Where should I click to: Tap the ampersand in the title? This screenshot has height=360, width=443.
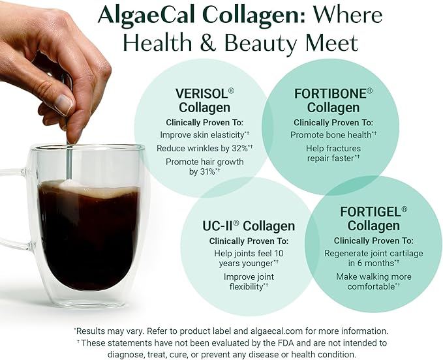pyautogui.click(x=207, y=42)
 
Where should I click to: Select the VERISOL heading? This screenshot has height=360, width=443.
pyautogui.click(x=202, y=93)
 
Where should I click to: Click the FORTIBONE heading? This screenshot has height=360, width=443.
pyautogui.click(x=331, y=93)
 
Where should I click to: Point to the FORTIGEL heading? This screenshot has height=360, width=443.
pyautogui.click(x=371, y=212)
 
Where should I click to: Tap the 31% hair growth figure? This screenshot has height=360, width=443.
pyautogui.click(x=207, y=172)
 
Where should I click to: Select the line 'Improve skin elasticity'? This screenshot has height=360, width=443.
pyautogui.click(x=202, y=135)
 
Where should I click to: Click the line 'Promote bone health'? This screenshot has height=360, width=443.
pyautogui.click(x=331, y=135)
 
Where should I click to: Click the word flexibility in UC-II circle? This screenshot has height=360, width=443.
pyautogui.click(x=246, y=286)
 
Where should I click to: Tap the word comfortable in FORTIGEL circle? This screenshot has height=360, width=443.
pyautogui.click(x=371, y=286)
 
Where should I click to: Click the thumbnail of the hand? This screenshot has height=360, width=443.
pyautogui.click(x=64, y=104)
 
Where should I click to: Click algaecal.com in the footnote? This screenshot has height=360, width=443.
pyautogui.click(x=277, y=331)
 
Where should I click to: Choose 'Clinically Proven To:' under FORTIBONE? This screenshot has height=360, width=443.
pyautogui.click(x=333, y=123)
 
